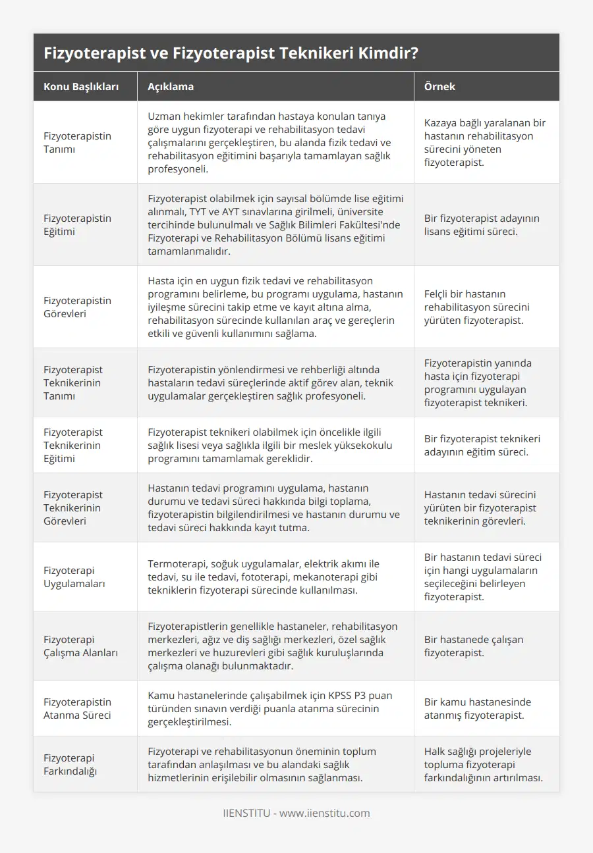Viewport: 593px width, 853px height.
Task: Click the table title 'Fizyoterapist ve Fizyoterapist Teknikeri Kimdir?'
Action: point(230,53)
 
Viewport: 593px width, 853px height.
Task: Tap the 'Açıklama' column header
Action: point(171,87)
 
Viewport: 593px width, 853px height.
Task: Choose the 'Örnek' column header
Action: point(439,87)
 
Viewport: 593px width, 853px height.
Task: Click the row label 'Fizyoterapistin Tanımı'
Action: point(77,142)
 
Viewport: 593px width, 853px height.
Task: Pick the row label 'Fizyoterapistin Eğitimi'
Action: point(77,224)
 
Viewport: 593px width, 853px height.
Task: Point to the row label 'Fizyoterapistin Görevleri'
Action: point(77,307)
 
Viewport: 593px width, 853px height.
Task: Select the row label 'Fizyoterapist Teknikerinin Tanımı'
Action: point(73,382)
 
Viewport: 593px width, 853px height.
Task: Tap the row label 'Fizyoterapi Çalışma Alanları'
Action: point(78,646)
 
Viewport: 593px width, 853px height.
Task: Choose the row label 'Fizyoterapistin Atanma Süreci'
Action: point(77,708)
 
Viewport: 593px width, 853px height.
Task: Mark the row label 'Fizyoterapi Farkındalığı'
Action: point(70,764)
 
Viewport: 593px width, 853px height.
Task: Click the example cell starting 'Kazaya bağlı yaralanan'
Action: point(485,142)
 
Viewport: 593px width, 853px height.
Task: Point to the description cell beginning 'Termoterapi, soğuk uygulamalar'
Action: point(264,577)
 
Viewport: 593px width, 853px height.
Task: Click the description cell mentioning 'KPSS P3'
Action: point(269,708)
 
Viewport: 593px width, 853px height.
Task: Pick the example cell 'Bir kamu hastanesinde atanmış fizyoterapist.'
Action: point(478,708)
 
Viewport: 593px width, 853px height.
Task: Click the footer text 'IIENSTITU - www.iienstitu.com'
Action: point(296,813)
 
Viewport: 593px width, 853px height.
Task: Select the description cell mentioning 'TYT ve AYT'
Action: point(275,224)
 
